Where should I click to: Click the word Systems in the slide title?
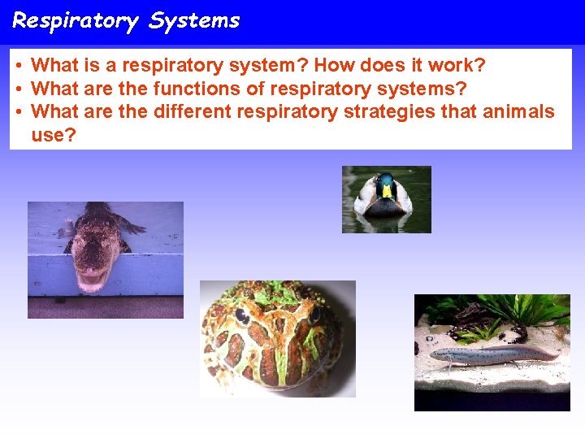194,20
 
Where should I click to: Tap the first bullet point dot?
18,65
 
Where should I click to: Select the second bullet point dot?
18,89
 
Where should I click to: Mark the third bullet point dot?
18,112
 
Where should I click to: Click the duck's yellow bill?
387,193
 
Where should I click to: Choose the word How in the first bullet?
334,64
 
